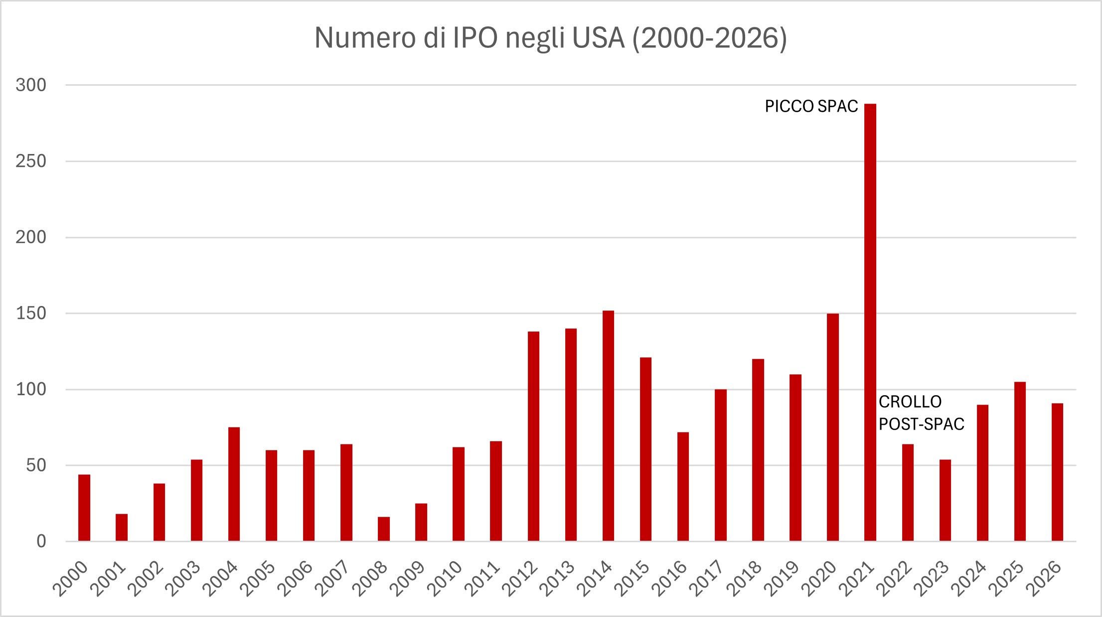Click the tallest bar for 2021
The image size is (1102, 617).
870,322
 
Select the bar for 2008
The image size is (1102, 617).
384,529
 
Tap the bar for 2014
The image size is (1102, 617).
608,426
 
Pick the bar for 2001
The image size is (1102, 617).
122,527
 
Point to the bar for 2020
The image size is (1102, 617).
832,427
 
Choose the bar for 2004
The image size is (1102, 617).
234,484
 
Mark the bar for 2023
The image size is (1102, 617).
945,500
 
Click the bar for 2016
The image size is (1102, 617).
683,486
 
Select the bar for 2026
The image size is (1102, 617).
1057,472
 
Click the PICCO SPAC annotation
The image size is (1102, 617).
811,106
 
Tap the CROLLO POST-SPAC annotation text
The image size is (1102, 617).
921,413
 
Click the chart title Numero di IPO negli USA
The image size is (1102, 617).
551,37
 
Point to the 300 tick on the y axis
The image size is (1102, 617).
31,85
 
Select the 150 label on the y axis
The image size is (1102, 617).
31,313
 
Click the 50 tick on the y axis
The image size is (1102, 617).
36,465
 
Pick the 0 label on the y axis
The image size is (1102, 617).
41,541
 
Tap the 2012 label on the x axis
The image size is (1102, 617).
520,579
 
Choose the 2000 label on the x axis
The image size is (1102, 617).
71,579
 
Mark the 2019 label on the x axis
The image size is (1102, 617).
782,579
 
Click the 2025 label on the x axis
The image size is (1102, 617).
1006,579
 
